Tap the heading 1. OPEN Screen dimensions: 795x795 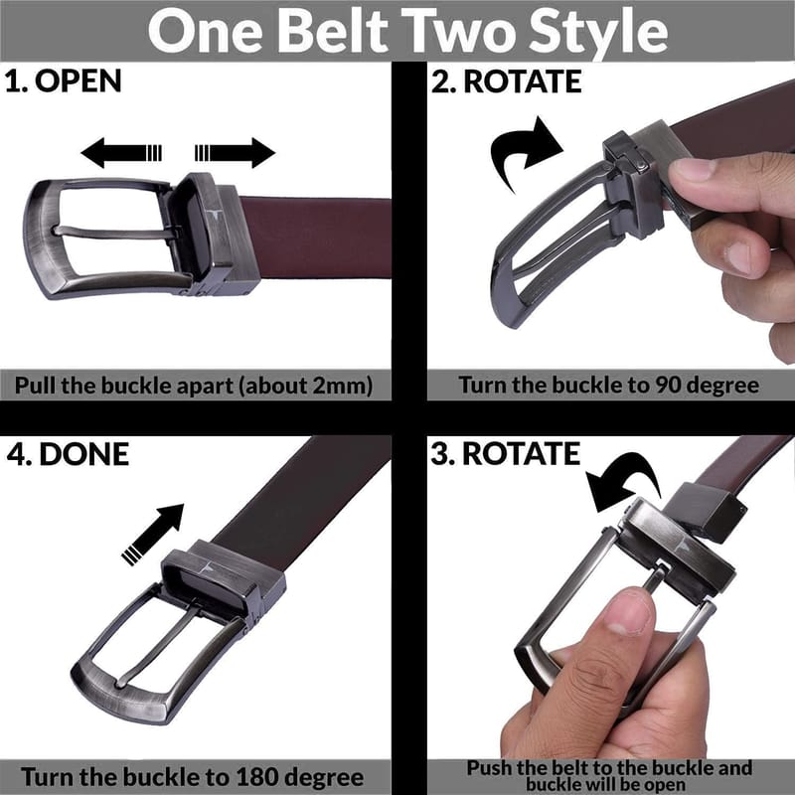[x=64, y=81]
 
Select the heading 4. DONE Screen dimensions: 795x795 [x=68, y=454]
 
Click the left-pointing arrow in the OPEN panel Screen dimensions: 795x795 [x=121, y=153]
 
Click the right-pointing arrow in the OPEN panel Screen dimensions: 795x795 [x=235, y=153]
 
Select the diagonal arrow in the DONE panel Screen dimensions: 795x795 [x=153, y=535]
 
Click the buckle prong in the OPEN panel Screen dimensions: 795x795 [x=116, y=234]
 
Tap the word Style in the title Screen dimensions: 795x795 [x=598, y=32]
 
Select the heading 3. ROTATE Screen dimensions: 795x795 [x=506, y=453]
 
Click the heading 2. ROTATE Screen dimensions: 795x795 [x=507, y=81]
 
